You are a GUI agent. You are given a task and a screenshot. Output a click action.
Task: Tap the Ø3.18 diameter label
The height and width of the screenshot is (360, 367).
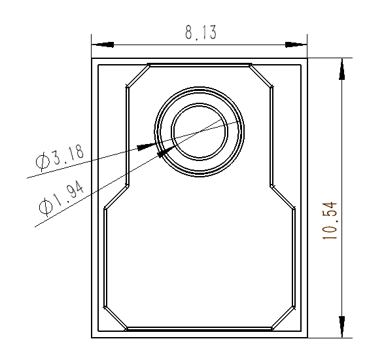tap(60, 158)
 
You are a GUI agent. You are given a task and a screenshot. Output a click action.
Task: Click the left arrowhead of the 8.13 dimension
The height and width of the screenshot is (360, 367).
tap(102, 45)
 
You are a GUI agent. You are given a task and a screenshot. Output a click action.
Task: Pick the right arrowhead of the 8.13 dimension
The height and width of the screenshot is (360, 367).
tap(296, 45)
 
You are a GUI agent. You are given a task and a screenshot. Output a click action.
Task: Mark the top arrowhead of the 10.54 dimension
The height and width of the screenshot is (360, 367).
tap(340, 70)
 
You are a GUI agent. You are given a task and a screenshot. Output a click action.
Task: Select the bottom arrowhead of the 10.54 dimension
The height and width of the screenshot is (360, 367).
tap(340, 326)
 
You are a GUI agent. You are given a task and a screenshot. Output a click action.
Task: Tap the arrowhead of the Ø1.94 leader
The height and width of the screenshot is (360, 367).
tap(165, 153)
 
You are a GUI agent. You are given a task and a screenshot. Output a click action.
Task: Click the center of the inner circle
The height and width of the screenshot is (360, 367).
tap(199, 131)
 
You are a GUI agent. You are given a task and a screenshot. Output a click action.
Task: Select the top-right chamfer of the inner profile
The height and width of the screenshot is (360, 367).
tap(261, 76)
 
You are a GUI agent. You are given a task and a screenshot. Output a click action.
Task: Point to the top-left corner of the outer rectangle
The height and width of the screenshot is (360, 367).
tap(91, 58)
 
